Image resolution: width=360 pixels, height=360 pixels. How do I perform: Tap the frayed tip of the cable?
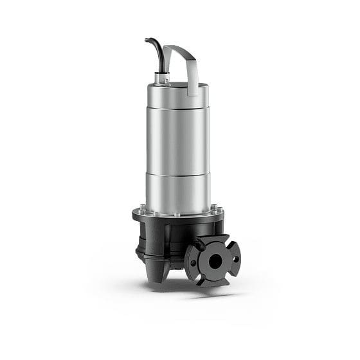coord(147,40)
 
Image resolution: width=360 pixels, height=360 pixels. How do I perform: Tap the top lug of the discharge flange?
coord(213,240)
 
